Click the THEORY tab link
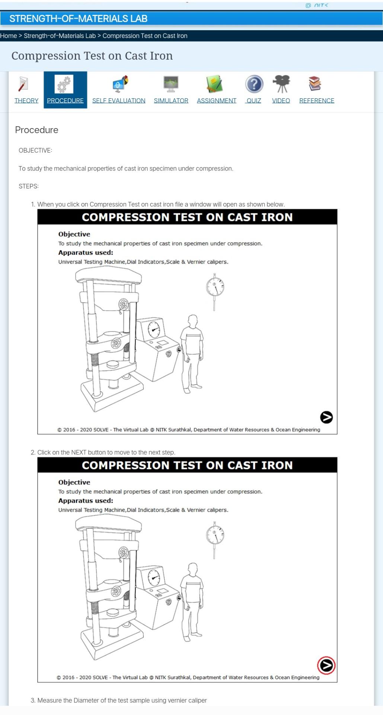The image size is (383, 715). pyautogui.click(x=26, y=101)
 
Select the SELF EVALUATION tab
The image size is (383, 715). pyautogui.click(x=119, y=101)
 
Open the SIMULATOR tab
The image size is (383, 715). pyautogui.click(x=171, y=101)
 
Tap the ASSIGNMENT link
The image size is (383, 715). pyautogui.click(x=216, y=101)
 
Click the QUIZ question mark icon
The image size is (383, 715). pyautogui.click(x=254, y=84)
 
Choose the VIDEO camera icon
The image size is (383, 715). pyautogui.click(x=281, y=84)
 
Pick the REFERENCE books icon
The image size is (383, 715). pyautogui.click(x=315, y=84)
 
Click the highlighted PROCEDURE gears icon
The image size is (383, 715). pyautogui.click(x=64, y=85)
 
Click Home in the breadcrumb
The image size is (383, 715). pyautogui.click(x=9, y=36)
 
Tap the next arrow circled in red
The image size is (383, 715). pyautogui.click(x=326, y=665)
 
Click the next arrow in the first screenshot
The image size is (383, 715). pyautogui.click(x=326, y=417)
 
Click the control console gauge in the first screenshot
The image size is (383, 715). pyautogui.click(x=154, y=329)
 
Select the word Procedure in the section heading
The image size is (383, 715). pyautogui.click(x=36, y=130)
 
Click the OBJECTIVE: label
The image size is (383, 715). pyautogui.click(x=35, y=150)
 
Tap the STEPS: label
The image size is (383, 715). pyautogui.click(x=29, y=186)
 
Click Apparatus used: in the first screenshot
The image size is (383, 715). pyautogui.click(x=86, y=252)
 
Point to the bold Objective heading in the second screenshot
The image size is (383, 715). pyautogui.click(x=74, y=482)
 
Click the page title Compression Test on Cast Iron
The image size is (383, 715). pyautogui.click(x=92, y=56)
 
